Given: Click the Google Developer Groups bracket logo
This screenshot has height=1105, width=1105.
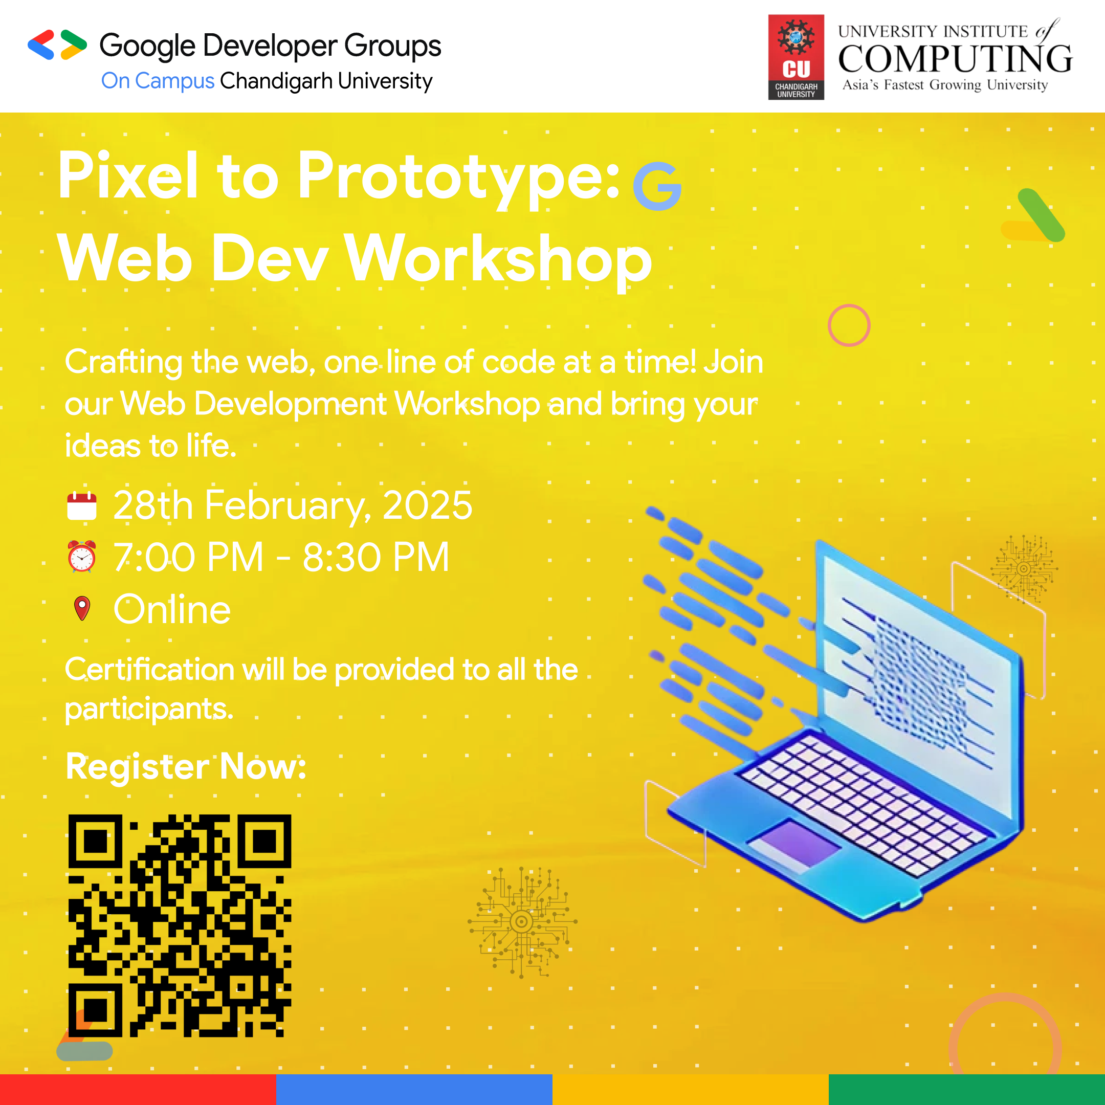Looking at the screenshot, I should tap(57, 45).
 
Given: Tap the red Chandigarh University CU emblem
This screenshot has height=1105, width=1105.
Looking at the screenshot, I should tap(795, 57).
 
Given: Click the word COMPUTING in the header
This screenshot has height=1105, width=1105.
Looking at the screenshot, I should tap(955, 58).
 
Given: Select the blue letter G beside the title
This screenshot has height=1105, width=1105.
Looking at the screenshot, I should tap(657, 186).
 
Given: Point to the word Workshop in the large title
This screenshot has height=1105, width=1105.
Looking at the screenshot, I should tap(498, 260).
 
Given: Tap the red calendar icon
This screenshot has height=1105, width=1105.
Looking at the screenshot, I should tap(82, 506).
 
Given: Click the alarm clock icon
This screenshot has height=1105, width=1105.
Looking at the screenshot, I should tap(82, 557).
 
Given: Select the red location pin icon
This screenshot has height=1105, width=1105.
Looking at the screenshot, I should tap(82, 608).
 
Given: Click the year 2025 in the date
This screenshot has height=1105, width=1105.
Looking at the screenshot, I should tap(427, 505).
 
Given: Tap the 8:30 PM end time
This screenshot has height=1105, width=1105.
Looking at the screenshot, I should tap(376, 557).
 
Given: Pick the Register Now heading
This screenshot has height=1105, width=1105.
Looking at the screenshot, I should tap(186, 766).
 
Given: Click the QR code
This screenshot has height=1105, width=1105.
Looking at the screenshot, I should tap(180, 925).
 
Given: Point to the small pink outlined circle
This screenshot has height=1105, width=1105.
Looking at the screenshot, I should tap(849, 325).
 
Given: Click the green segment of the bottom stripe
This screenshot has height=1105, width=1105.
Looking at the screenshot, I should tap(966, 1090).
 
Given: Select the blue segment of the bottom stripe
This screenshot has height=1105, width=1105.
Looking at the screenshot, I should tap(414, 1090).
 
